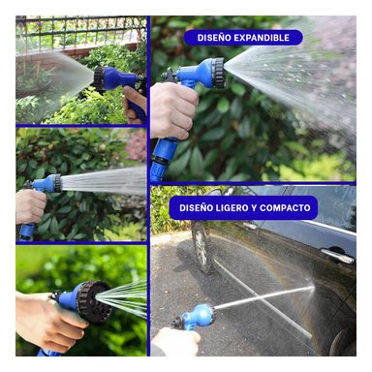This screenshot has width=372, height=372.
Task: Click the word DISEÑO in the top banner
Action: tap(218, 38)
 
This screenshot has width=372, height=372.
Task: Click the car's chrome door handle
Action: tap(337, 255)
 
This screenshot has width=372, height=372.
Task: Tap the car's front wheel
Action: tap(201, 246)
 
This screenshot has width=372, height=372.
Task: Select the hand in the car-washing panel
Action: tap(174, 341)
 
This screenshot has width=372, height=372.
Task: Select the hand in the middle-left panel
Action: tap(29, 205)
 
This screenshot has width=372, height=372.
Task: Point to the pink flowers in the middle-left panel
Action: tap(136, 145)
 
